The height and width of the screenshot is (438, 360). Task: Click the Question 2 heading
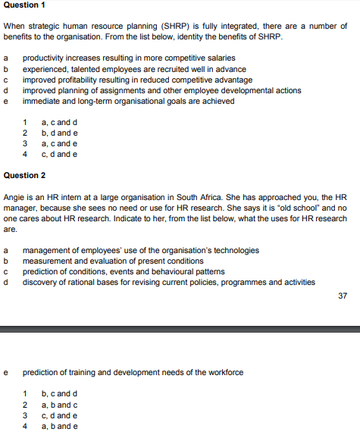pyautogui.click(x=24, y=175)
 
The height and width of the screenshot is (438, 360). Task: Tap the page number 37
pyautogui.click(x=343, y=296)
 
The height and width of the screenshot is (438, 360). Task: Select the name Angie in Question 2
pyautogui.click(x=15, y=196)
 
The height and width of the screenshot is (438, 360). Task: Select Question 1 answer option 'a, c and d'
pyautogui.click(x=59, y=123)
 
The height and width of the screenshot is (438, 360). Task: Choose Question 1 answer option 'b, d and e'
pyautogui.click(x=59, y=133)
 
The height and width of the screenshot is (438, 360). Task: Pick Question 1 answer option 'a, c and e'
pyautogui.click(x=59, y=144)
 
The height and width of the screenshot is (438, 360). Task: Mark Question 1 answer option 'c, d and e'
pyautogui.click(x=59, y=155)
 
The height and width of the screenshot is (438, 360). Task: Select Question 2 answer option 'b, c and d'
pyautogui.click(x=59, y=394)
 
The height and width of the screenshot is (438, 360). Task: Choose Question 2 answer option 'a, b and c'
pyautogui.click(x=59, y=405)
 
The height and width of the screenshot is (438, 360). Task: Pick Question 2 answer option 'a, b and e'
pyautogui.click(x=59, y=426)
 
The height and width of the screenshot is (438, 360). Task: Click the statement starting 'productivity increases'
pyautogui.click(x=129, y=58)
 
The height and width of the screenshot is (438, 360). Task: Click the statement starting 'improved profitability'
pyautogui.click(x=137, y=80)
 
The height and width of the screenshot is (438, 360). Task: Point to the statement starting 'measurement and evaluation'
pyautogui.click(x=113, y=261)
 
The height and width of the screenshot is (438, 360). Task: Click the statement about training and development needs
pyautogui.click(x=133, y=373)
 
